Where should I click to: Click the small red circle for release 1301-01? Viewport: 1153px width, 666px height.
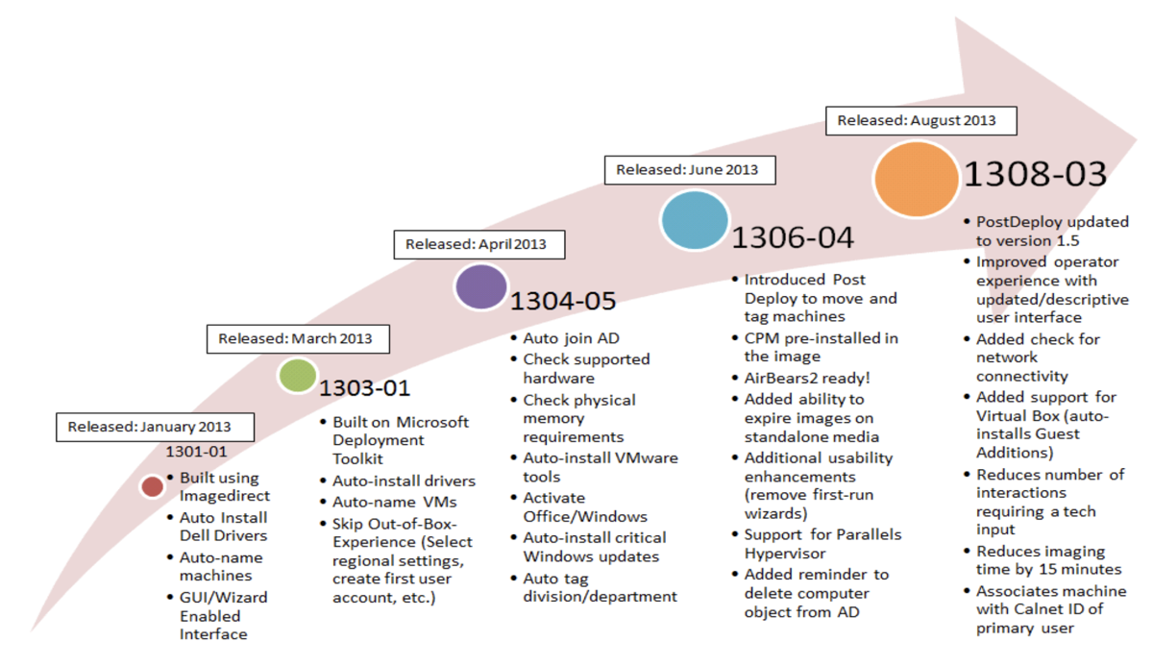[152, 486]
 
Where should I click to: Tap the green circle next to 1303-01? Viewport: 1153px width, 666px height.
[297, 376]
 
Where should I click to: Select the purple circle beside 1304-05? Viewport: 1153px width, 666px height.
[480, 287]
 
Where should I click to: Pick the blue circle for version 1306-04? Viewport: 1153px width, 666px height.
[694, 221]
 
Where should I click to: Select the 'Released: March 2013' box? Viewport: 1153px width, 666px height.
[295, 338]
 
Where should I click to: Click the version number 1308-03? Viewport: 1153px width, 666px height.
[1035, 174]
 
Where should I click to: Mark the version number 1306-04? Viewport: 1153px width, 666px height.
[793, 237]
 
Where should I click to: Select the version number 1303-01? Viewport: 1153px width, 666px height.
[364, 388]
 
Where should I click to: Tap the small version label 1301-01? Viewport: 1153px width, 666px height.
[197, 451]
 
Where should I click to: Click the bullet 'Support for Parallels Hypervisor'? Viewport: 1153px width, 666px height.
[822, 543]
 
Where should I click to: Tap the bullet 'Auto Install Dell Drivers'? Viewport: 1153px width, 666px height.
[223, 527]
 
